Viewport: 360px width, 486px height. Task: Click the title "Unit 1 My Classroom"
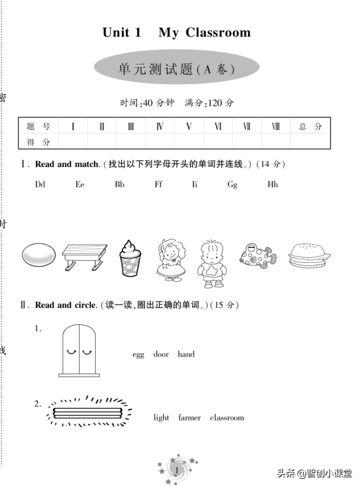click(176, 33)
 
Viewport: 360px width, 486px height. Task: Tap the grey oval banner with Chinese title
click(177, 68)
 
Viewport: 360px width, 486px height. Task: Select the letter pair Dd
click(40, 185)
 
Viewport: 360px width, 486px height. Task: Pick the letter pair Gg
click(232, 185)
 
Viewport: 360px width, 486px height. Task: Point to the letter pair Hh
click(273, 185)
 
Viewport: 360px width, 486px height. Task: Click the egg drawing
click(38, 254)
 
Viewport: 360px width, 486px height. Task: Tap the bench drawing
click(84, 257)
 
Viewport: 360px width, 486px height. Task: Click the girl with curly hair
click(172, 258)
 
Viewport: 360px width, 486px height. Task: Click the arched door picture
click(79, 351)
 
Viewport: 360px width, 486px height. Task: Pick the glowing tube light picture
click(89, 412)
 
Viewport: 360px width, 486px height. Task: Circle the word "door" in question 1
click(161, 355)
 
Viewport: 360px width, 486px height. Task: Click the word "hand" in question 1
click(186, 355)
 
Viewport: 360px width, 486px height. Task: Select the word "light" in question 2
click(161, 418)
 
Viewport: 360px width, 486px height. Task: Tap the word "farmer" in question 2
click(190, 418)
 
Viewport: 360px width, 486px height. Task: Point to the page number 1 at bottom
click(176, 470)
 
